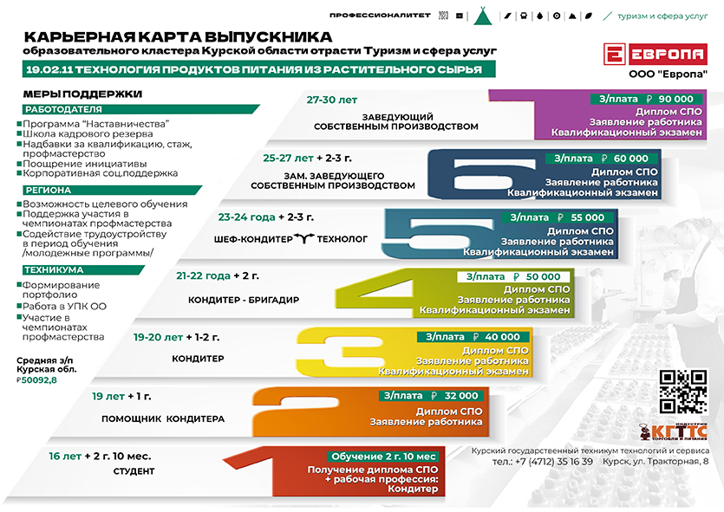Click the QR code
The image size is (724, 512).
pos(683,392)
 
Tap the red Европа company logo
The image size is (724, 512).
pos(656,55)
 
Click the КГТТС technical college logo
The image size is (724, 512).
pos(673,431)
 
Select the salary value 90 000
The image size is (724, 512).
pos(676,99)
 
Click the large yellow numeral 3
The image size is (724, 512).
pos(342,352)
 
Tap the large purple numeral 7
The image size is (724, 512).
pos(512,114)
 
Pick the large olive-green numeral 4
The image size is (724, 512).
pos(375,292)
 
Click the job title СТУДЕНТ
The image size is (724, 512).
pos(134,471)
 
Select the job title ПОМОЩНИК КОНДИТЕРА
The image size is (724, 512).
pos(163,418)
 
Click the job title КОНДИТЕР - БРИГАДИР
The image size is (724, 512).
pos(244,300)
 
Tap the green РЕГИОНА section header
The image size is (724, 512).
pos(48,190)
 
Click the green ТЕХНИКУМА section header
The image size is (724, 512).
pos(54,269)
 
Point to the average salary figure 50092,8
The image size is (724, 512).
pos(39,380)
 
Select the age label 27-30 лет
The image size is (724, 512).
pos(331,100)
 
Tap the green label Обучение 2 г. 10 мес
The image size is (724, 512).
pos(383,457)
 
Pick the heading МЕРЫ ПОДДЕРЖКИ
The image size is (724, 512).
pos(82,94)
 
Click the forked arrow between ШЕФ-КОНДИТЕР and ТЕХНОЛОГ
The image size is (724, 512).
pos(304,238)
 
